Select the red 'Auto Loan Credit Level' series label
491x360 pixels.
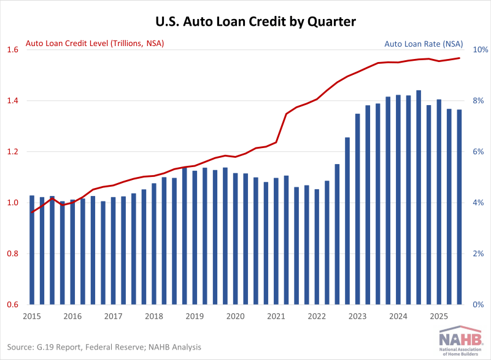pyautogui.click(x=95, y=44)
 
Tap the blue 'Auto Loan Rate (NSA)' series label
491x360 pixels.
pyautogui.click(x=423, y=44)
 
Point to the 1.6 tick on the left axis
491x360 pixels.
pyautogui.click(x=13, y=50)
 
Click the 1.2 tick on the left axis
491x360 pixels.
pyautogui.click(x=13, y=152)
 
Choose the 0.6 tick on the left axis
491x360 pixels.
pyautogui.click(x=13, y=305)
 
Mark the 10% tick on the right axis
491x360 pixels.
pyautogui.click(x=478, y=50)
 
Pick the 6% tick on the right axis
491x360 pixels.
pyautogui.click(x=478, y=152)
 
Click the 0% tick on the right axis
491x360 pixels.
pyautogui.click(x=478, y=305)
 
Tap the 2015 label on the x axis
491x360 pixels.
pyautogui.click(x=32, y=316)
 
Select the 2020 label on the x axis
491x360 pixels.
pyautogui.click(x=235, y=316)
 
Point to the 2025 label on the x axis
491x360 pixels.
pyautogui.click(x=439, y=316)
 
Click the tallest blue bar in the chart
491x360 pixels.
pyautogui.click(x=419, y=197)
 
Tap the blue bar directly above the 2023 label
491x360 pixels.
pyautogui.click(x=358, y=209)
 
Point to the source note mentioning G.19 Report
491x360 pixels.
pyautogui.click(x=105, y=347)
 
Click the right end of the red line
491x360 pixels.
pyautogui.click(x=459, y=58)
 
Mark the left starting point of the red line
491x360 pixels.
pyautogui.click(x=32, y=213)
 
